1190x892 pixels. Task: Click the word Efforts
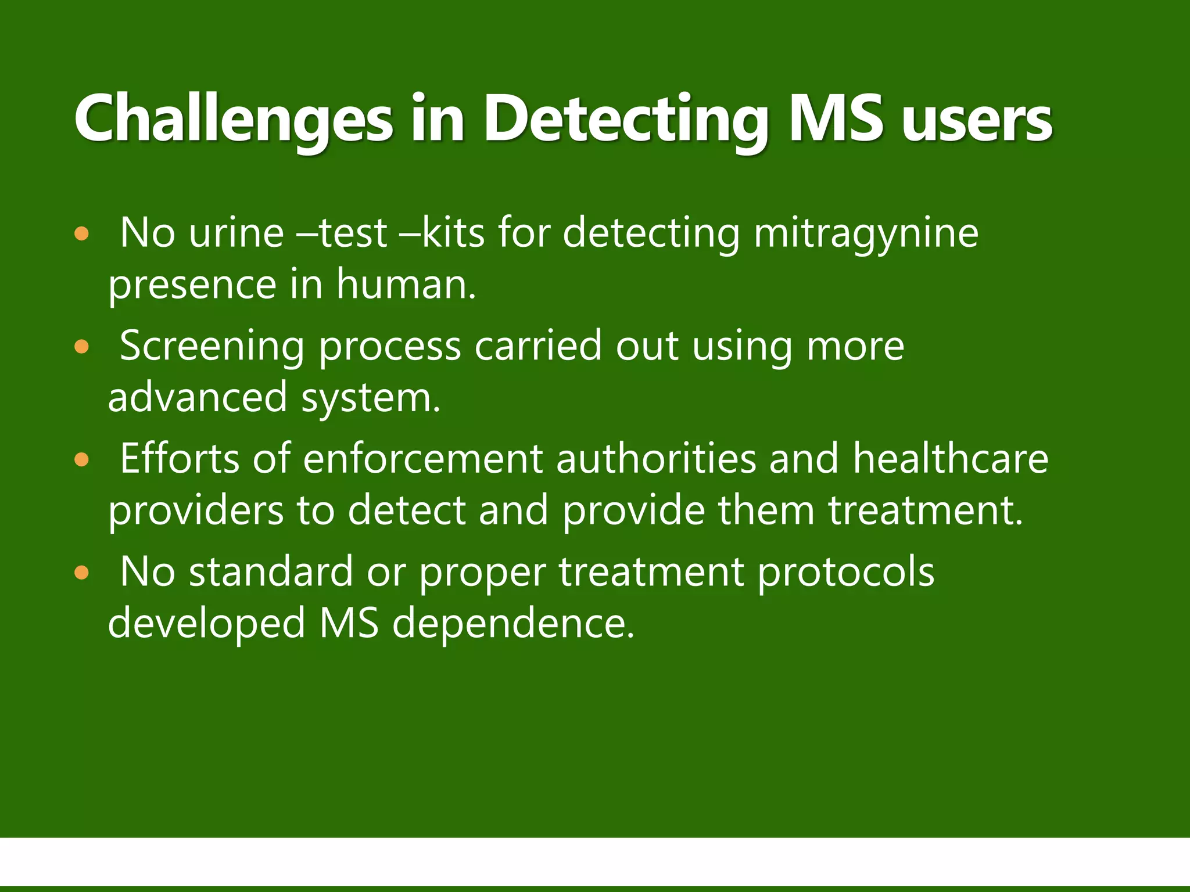pyautogui.click(x=180, y=459)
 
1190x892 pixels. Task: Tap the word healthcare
pyautogui.click(x=951, y=459)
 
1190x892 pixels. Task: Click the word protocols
pyautogui.click(x=846, y=573)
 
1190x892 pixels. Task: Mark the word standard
pyautogui.click(x=271, y=571)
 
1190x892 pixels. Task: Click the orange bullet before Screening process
pyautogui.click(x=82, y=347)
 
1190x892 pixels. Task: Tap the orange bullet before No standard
pyautogui.click(x=82, y=573)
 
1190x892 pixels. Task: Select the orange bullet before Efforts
pyautogui.click(x=82, y=461)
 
